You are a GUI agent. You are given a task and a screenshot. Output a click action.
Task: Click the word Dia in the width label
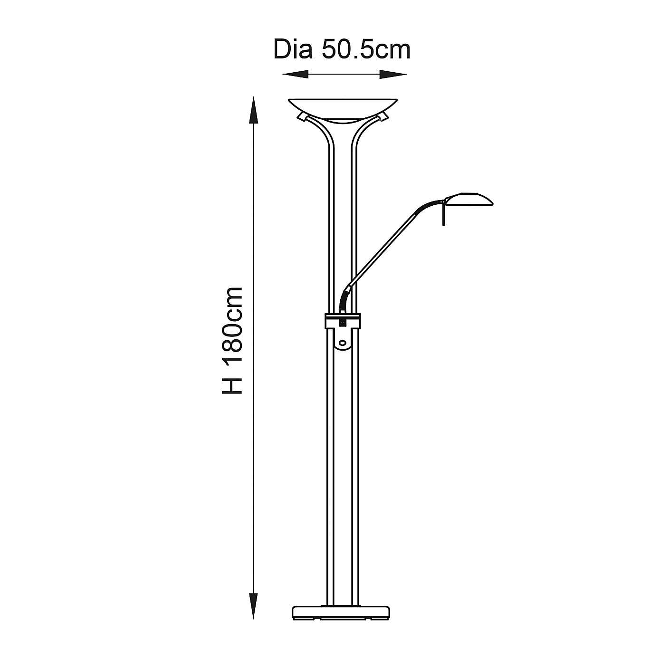click(292, 50)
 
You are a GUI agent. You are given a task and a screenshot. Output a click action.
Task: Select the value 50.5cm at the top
click(366, 50)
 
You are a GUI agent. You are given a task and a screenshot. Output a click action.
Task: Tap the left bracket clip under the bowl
click(302, 117)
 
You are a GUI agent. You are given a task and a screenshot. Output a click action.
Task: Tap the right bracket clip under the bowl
click(384, 117)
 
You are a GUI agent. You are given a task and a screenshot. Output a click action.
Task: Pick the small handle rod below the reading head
click(444, 214)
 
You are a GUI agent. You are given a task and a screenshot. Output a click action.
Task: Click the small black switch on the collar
click(342, 323)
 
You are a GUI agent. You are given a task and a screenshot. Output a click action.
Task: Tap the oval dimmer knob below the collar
click(343, 342)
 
